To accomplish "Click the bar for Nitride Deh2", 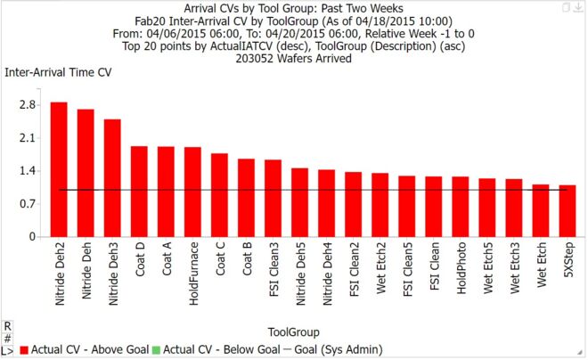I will tap(59, 169).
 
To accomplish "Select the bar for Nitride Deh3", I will tap(112, 178).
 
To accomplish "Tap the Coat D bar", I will tap(139, 192).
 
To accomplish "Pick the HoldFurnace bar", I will tap(192, 192).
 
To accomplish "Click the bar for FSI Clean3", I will tap(273, 199).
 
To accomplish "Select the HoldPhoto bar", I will tap(461, 207).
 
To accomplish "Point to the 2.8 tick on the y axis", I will tap(27, 105).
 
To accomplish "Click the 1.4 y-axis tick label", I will tap(27, 171).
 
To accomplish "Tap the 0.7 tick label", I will tap(27, 204).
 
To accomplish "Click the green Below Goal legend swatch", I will tap(157, 350).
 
